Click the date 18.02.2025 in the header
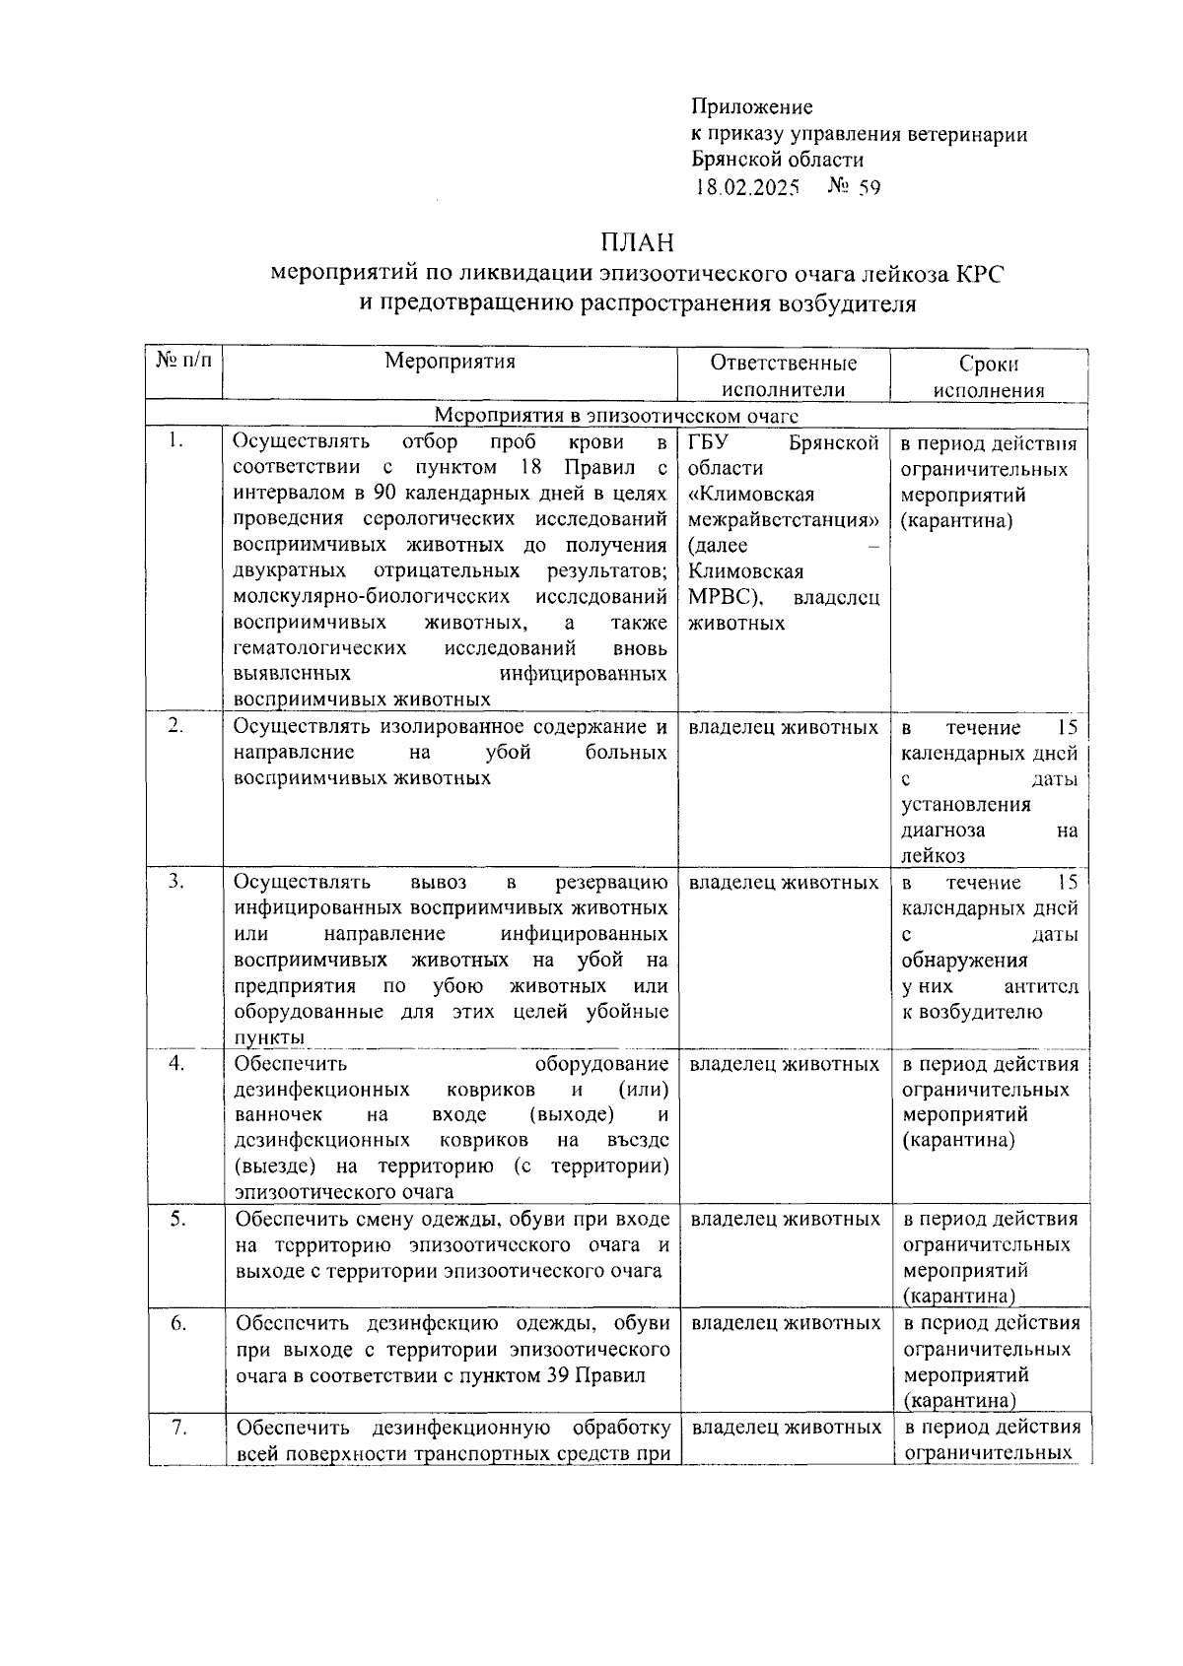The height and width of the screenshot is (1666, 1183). click(745, 187)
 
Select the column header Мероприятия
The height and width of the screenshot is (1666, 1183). click(450, 362)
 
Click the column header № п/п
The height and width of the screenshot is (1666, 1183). click(184, 362)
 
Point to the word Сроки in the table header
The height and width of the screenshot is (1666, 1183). click(989, 364)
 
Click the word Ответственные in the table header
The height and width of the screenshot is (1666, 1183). click(784, 364)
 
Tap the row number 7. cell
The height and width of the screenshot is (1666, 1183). click(178, 1427)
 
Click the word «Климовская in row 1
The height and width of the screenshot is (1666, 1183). click(751, 495)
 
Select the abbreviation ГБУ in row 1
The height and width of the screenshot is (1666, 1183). click(708, 442)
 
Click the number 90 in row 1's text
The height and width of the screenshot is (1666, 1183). click(384, 494)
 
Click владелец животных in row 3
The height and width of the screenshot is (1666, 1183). click(784, 883)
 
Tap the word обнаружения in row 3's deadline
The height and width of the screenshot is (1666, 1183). click(950, 961)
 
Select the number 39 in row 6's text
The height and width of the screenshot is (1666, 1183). click(557, 1374)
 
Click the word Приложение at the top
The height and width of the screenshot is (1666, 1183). click(751, 107)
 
